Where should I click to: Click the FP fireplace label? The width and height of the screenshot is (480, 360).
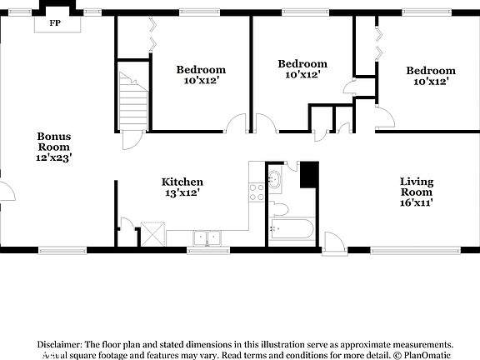click(x=55, y=22)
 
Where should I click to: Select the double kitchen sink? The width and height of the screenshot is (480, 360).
click(x=205, y=238)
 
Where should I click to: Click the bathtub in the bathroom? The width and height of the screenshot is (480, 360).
click(x=291, y=232)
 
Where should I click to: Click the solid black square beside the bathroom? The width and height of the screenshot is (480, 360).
click(x=309, y=175)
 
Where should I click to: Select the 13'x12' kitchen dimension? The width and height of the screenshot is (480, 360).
click(x=182, y=192)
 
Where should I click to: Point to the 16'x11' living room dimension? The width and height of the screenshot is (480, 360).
click(x=416, y=202)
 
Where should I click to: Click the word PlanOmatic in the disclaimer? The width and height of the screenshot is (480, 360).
click(x=427, y=355)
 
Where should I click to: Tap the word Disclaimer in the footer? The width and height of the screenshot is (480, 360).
click(x=58, y=344)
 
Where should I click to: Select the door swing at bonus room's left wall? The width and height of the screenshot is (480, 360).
click(x=7, y=190)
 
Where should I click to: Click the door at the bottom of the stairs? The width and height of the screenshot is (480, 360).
click(x=132, y=138)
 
